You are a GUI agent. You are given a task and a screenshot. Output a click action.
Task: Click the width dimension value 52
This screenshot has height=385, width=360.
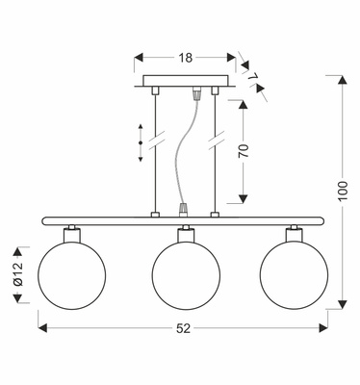click(184, 328)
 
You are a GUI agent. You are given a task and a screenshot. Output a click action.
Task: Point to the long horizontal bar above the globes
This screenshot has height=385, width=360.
click(186, 221)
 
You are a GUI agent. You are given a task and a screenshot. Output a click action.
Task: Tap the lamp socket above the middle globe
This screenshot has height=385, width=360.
click(186, 233)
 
